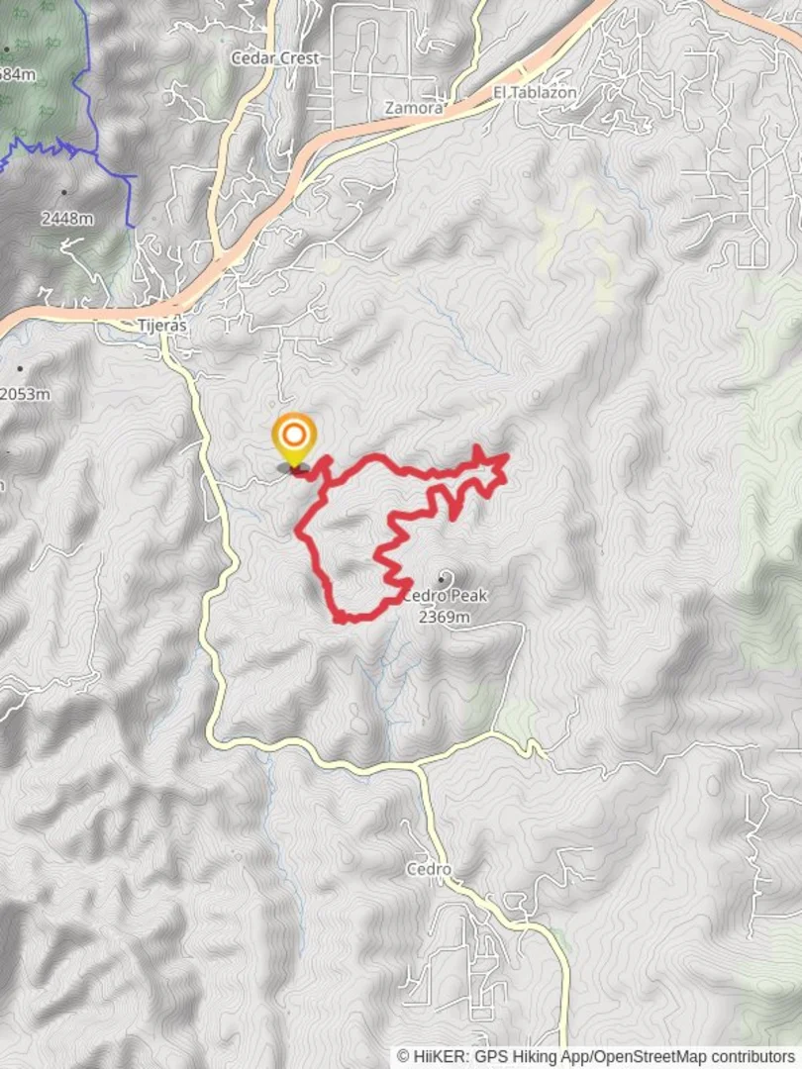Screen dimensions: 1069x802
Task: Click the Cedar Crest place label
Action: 275,58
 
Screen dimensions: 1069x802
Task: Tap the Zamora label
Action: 414,108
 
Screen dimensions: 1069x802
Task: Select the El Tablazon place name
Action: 535,93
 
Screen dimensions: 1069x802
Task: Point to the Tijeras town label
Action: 162,326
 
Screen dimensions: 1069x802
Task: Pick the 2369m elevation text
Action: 444,617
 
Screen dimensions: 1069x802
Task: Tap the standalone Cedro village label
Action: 429,870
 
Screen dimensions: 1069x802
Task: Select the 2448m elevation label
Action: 67,218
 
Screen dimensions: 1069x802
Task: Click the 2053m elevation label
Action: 25,394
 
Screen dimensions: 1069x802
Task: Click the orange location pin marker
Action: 293,438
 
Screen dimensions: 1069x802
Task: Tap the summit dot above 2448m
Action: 64,192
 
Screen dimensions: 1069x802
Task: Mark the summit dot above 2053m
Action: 19,369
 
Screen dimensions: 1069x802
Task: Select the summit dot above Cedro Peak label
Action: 442,578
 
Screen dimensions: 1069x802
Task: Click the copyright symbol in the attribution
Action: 404,1057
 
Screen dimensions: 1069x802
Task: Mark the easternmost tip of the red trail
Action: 507,456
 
